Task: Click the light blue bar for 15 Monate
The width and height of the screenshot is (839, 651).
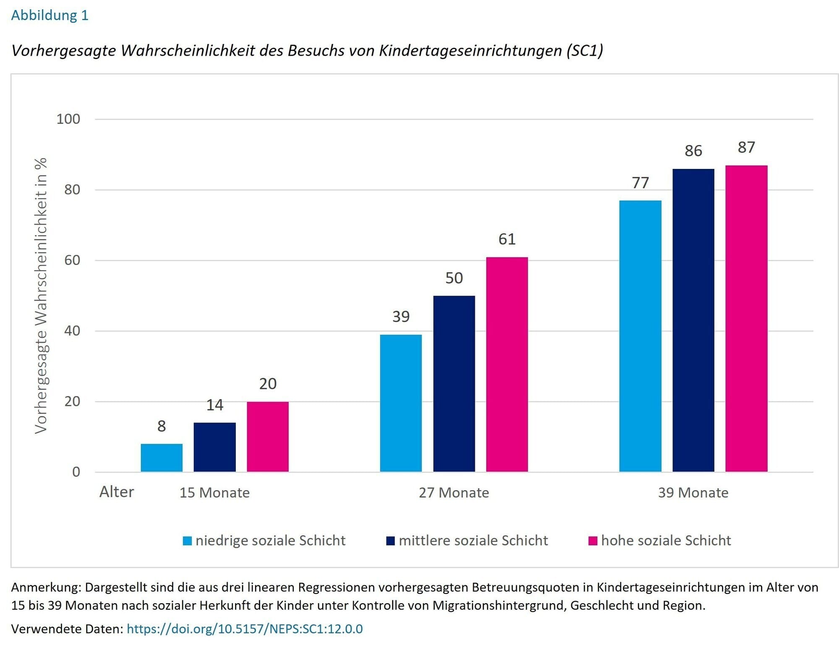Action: click(162, 458)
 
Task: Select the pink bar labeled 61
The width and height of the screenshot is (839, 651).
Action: click(507, 364)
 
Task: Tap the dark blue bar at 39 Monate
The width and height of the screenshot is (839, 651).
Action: click(693, 320)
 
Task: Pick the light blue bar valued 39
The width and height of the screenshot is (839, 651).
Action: click(401, 403)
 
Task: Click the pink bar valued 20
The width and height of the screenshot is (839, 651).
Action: click(268, 436)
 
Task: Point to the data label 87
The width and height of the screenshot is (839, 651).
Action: click(746, 147)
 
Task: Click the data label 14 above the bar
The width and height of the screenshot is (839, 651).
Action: click(214, 405)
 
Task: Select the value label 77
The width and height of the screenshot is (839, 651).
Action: click(640, 183)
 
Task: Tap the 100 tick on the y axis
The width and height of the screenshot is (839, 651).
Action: click(68, 119)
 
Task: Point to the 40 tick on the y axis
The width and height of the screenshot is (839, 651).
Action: click(72, 331)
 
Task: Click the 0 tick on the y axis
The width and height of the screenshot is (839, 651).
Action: click(76, 472)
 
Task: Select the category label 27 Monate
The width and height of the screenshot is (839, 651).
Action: click(454, 493)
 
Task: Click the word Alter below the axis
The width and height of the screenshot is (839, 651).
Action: click(117, 492)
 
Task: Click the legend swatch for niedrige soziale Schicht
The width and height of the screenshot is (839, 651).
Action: click(187, 541)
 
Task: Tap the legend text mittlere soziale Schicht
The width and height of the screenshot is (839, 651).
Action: click(473, 540)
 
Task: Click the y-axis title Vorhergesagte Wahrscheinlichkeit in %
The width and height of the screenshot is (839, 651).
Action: click(41, 296)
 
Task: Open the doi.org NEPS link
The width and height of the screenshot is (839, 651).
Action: click(245, 629)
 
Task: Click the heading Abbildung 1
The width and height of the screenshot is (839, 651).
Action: click(50, 16)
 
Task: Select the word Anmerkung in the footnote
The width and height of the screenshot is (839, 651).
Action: click(45, 587)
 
